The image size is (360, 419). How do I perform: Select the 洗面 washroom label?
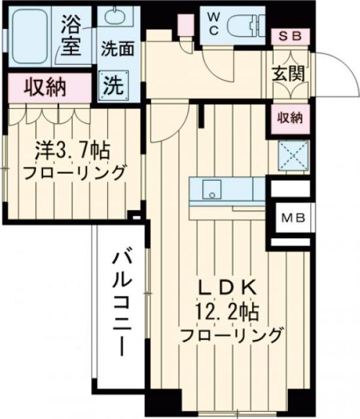(x=117, y=48)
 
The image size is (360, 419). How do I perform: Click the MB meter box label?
(x=290, y=217)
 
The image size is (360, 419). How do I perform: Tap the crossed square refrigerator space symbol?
(x=290, y=156)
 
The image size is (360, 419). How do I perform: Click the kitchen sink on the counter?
(x=211, y=191)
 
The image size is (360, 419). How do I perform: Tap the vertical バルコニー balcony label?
(x=122, y=301)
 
